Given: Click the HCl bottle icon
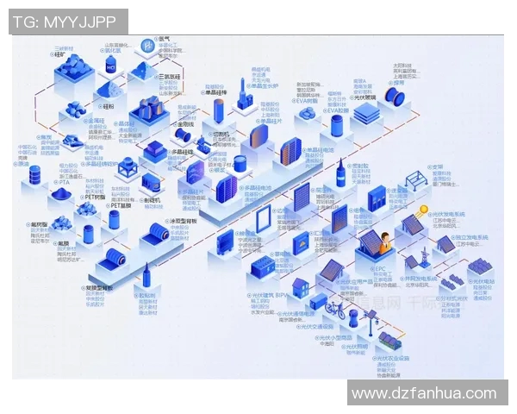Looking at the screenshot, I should click(110, 66).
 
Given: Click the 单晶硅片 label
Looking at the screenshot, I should click(272, 121).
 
